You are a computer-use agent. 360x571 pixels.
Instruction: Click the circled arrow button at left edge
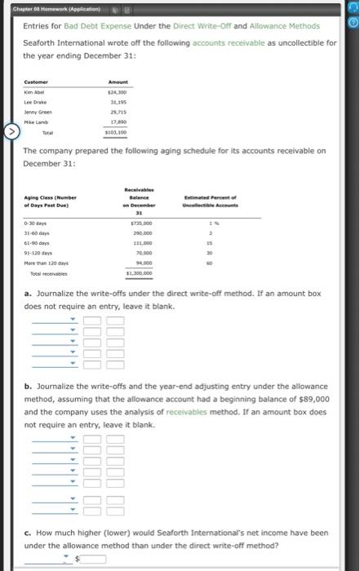click(10, 129)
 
